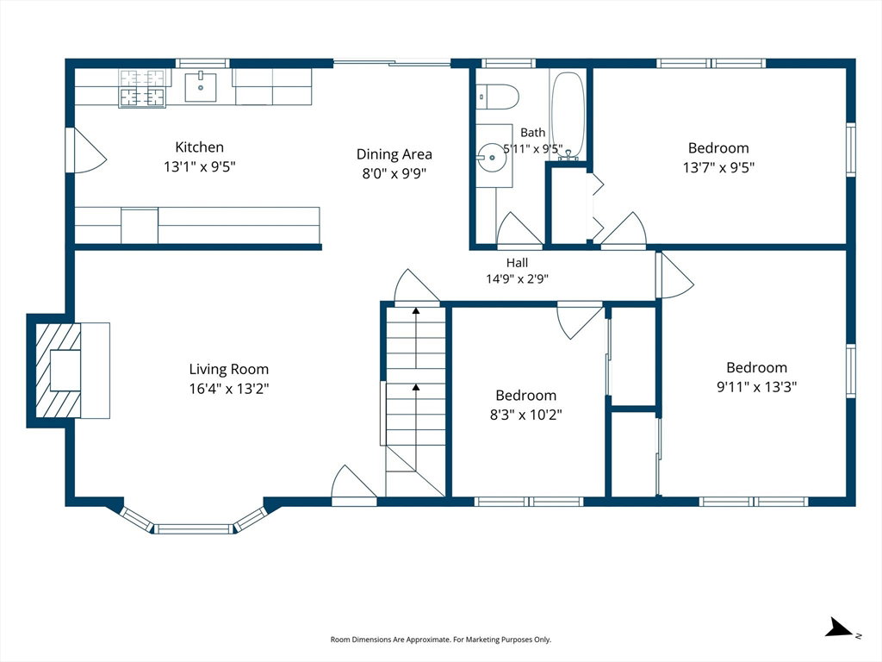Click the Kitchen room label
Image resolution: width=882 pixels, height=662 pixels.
(199, 147)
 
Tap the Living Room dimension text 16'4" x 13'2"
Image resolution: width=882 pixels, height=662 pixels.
(229, 389)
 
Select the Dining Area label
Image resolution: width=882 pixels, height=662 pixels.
(394, 154)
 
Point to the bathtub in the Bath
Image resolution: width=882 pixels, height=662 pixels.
(568, 116)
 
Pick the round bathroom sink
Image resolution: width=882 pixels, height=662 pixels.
(492, 157)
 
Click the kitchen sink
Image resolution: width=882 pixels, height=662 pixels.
(200, 87)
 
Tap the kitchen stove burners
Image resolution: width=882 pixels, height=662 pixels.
(142, 88)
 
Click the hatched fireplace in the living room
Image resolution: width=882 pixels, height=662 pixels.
(59, 371)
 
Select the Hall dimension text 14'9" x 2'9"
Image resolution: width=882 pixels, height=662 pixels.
(517, 278)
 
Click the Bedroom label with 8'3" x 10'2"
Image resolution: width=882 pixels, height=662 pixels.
(526, 395)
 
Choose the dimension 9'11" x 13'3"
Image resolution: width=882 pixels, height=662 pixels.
(756, 387)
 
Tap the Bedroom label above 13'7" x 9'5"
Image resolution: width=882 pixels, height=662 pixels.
(718, 148)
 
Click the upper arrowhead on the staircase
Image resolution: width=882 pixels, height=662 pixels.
(416, 310)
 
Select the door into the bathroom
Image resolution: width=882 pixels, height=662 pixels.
(519, 229)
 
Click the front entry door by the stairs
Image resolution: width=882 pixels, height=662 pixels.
(354, 482)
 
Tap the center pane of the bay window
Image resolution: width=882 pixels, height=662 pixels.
(194, 529)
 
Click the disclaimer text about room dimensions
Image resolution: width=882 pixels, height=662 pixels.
(440, 640)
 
